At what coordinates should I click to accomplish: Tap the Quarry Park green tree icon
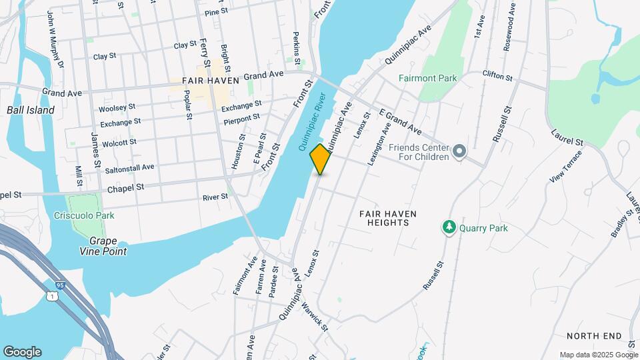point(449,228)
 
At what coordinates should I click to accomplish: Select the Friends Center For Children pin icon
point(458,152)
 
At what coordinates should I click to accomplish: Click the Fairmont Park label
point(427,78)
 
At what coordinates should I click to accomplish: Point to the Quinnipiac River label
point(312,119)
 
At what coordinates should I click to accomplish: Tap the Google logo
point(21,352)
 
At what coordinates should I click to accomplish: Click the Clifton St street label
point(497,77)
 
